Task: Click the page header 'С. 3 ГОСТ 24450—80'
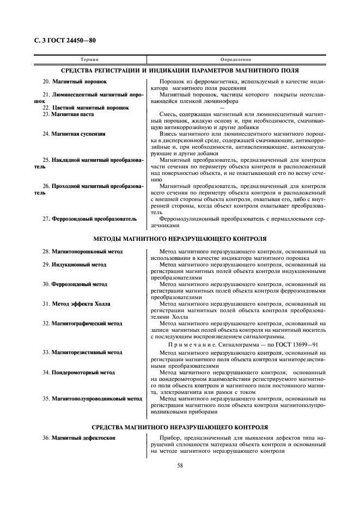pos(61,41)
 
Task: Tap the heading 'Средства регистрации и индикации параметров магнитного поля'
pos(180,71)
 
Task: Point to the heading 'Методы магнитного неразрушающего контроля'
pos(180,239)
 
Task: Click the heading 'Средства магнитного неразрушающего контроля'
pos(180,427)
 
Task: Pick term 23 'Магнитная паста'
pos(72,114)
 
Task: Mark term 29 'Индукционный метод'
pos(79,265)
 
